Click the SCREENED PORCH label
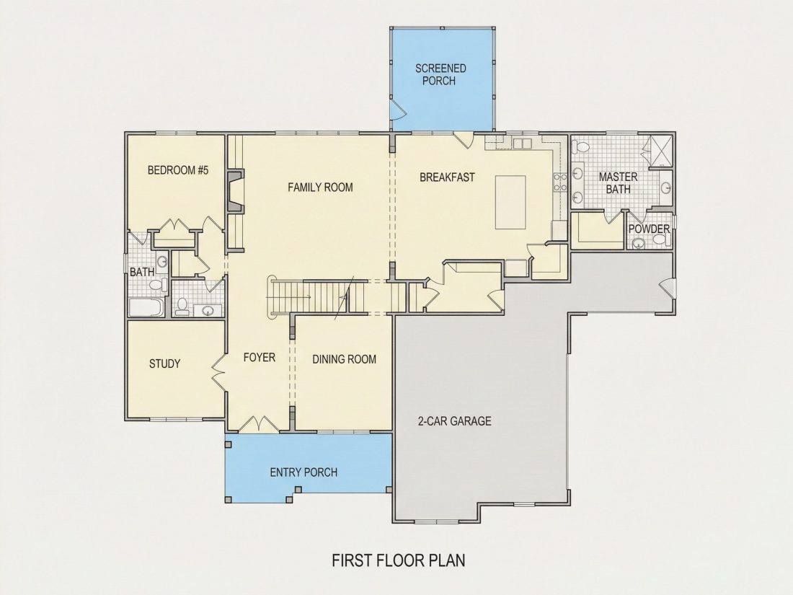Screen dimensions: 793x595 click(440, 74)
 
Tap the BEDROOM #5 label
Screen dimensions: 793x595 click(178, 170)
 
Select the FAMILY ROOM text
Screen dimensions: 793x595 click(320, 188)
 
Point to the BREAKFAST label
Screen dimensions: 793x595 click(447, 177)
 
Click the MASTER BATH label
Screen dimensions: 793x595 click(618, 182)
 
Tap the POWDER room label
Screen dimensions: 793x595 click(649, 229)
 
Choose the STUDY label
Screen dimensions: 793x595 click(165, 363)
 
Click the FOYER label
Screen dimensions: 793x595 click(260, 357)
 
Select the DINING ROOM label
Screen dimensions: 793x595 click(344, 359)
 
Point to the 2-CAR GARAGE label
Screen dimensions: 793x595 click(455, 421)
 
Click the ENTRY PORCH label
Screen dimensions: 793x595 click(304, 472)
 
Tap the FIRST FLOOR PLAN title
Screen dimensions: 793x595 click(399, 560)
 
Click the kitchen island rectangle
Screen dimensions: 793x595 click(510, 203)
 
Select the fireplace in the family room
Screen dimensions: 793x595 click(235, 191)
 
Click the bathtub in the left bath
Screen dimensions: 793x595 click(146, 307)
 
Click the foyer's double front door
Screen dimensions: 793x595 click(258, 425)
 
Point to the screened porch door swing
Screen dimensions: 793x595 click(397, 110)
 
